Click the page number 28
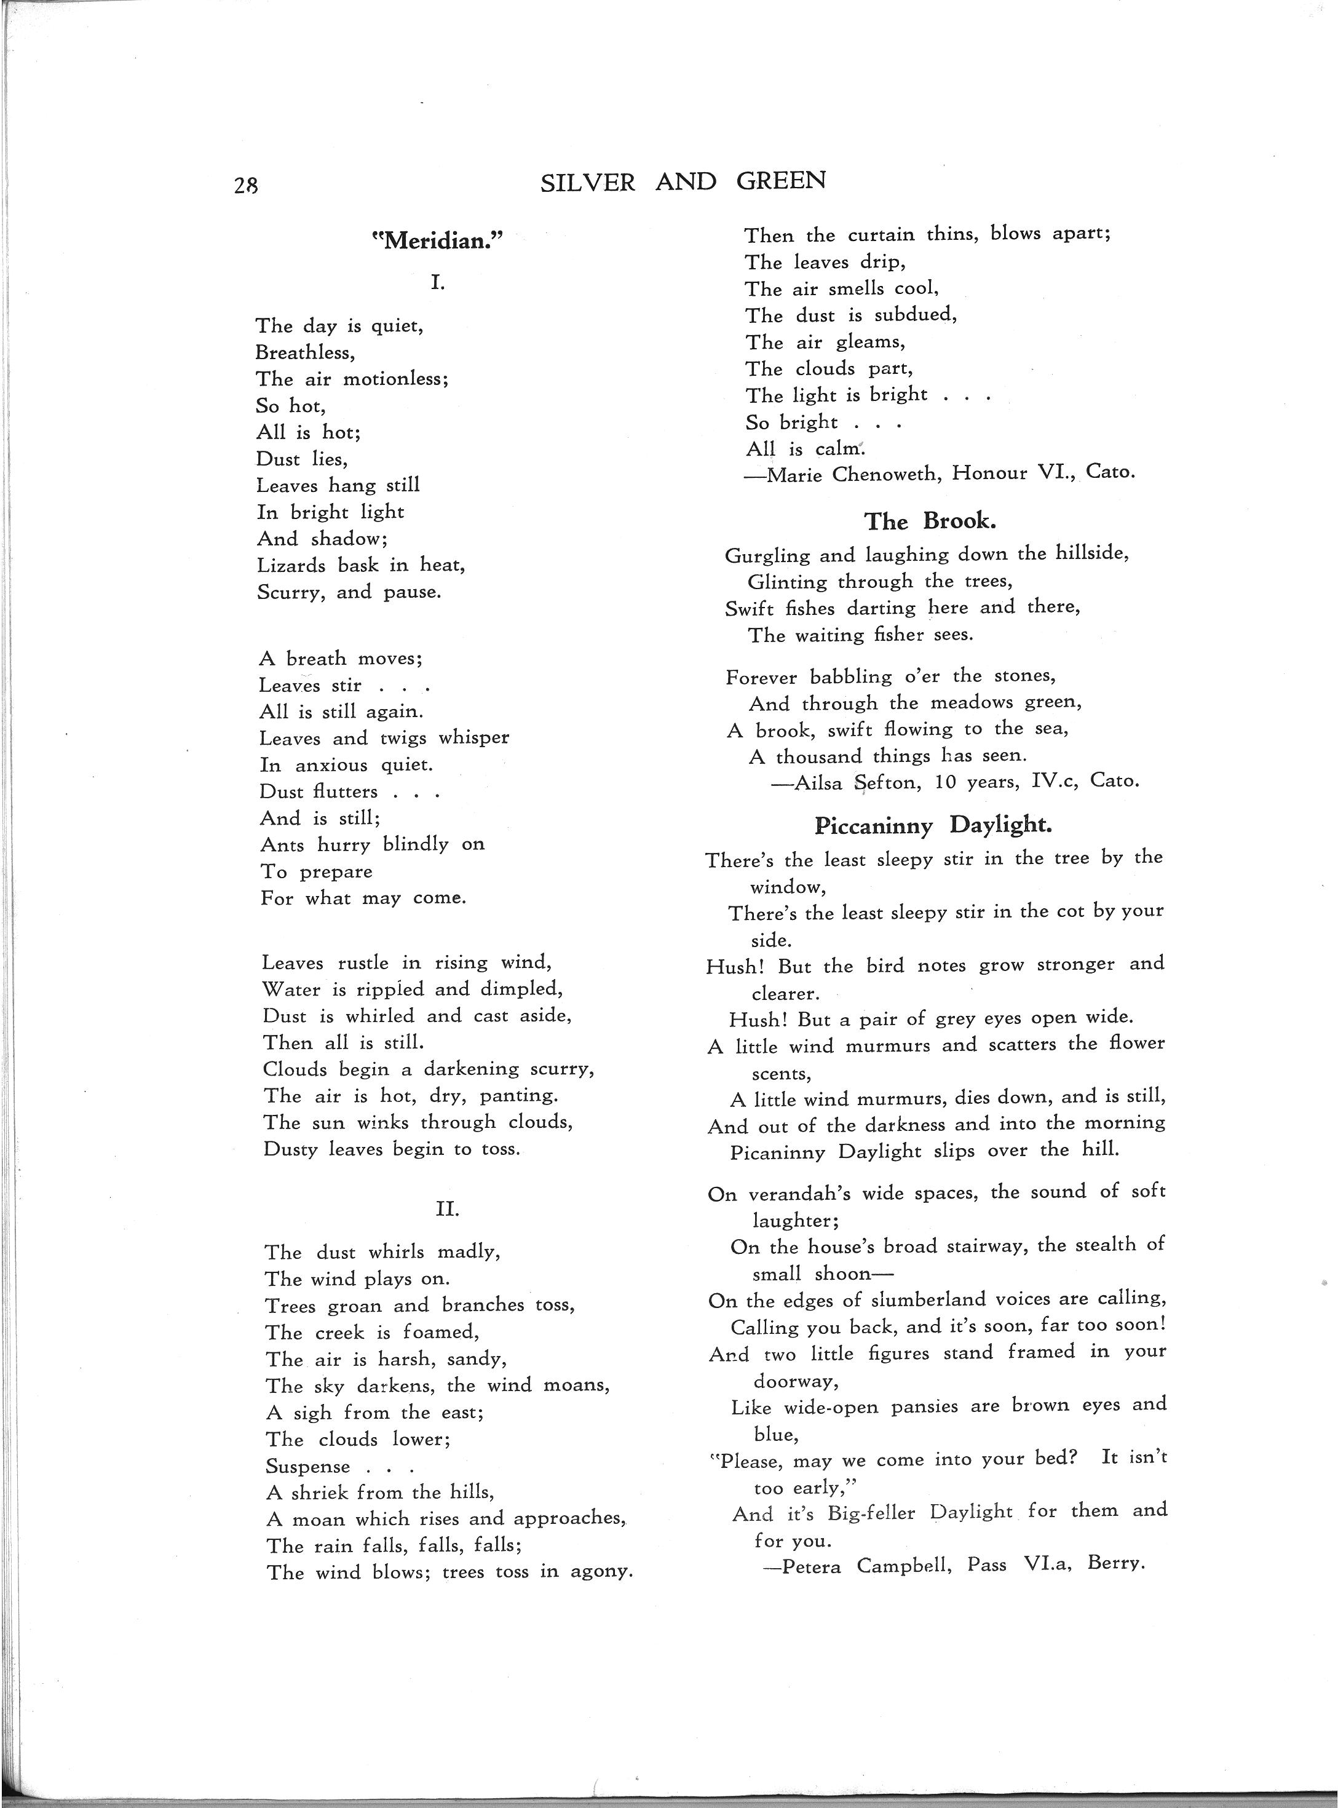click(245, 186)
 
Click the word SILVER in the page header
click(587, 182)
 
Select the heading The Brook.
click(930, 521)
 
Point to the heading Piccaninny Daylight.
click(933, 825)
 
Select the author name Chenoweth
click(886, 474)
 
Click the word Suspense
click(308, 1467)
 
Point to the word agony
click(601, 1572)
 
